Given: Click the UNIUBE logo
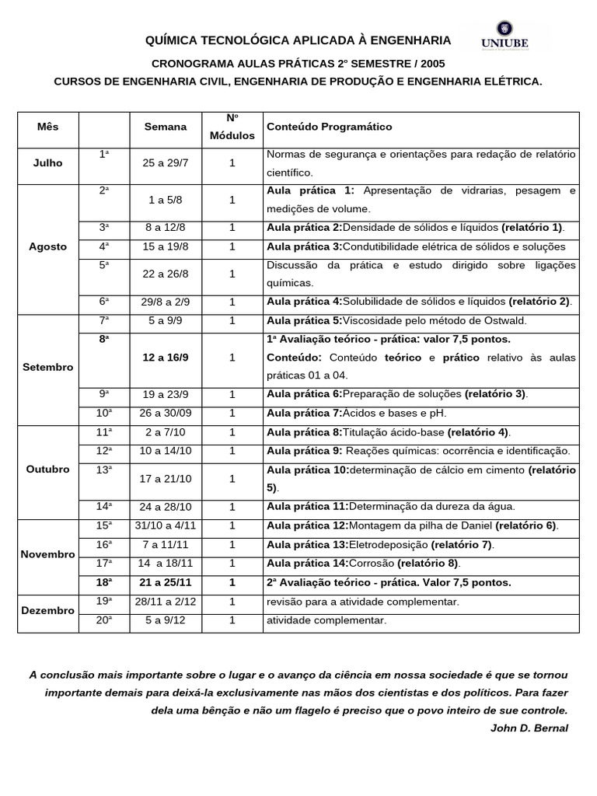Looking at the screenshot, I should pyautogui.click(x=505, y=37).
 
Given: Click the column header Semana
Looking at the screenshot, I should pyautogui.click(x=165, y=126).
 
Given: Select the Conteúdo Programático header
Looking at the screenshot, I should pyautogui.click(x=329, y=126).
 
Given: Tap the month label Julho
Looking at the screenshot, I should pyautogui.click(x=48, y=163).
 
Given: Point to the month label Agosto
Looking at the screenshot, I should pyautogui.click(x=48, y=246).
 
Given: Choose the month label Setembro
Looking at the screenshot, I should pyautogui.click(x=48, y=367).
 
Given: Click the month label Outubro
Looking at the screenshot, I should pyautogui.click(x=48, y=469).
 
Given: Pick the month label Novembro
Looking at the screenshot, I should pyautogui.click(x=48, y=554).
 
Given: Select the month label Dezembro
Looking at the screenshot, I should pyautogui.click(x=48, y=610).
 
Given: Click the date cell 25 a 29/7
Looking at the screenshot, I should pyautogui.click(x=165, y=163).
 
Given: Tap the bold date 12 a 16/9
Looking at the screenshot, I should pyautogui.click(x=165, y=357).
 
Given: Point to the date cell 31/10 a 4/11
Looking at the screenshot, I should pyautogui.click(x=165, y=525).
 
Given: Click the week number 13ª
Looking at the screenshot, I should pyautogui.click(x=103, y=470).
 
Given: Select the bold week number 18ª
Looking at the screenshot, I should pyautogui.click(x=103, y=581).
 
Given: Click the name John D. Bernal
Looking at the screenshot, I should pyautogui.click(x=529, y=728).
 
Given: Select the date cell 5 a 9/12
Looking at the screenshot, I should pyautogui.click(x=165, y=620).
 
